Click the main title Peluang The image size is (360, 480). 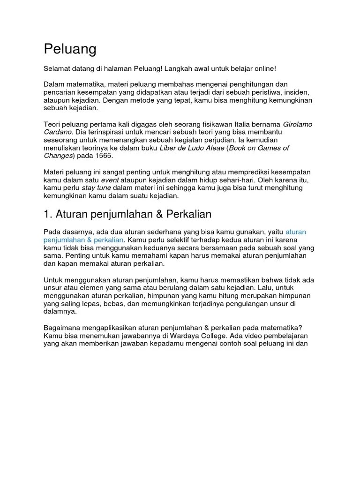70,49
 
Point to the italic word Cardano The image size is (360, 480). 59,132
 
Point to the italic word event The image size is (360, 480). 110,180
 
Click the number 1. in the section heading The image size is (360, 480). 48,214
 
